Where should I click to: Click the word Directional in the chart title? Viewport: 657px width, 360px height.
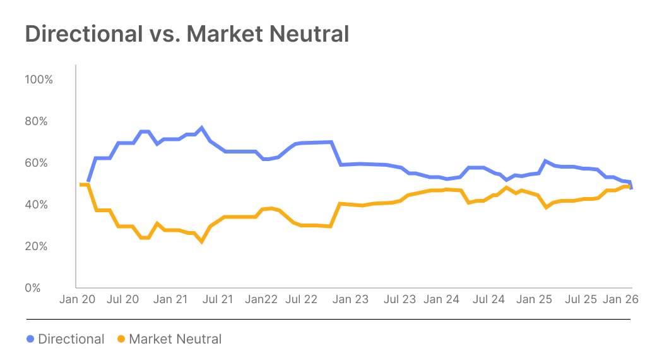[x=83, y=34]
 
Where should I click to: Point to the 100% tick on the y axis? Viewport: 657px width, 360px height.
[x=38, y=80]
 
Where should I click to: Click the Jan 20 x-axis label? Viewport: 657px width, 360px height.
[x=77, y=300]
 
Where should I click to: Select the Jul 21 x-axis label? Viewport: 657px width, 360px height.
[x=218, y=300]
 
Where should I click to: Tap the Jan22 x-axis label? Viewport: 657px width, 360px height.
[x=261, y=300]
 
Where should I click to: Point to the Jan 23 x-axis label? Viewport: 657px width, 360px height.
[x=350, y=300]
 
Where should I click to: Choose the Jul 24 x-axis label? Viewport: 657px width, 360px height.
[x=489, y=300]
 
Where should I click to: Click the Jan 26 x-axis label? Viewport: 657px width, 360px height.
[x=622, y=300]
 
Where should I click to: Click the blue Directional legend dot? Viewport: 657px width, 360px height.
[x=30, y=339]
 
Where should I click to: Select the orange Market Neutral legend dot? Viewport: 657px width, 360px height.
[x=121, y=339]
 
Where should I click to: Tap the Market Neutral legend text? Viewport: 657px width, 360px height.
[x=175, y=339]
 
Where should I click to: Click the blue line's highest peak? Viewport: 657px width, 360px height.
[x=202, y=128]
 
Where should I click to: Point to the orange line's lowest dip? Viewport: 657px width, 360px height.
[x=202, y=241]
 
